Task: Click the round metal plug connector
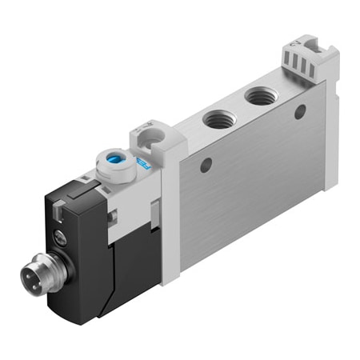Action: (x=37, y=277)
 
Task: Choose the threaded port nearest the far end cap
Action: (x=258, y=98)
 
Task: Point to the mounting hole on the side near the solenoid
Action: (x=206, y=166)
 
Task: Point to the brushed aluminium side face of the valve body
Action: (x=256, y=184)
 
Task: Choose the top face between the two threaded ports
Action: (x=237, y=109)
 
